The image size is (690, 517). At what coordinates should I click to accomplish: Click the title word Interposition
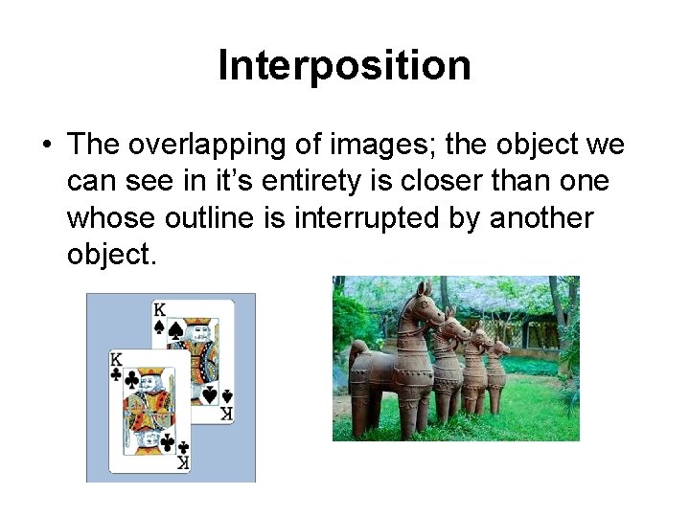[x=345, y=66]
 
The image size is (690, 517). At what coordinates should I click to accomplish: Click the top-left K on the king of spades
[x=158, y=310]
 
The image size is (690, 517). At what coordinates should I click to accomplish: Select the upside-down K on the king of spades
[x=226, y=414]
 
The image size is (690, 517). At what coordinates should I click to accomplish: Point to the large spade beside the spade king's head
[x=176, y=330]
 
